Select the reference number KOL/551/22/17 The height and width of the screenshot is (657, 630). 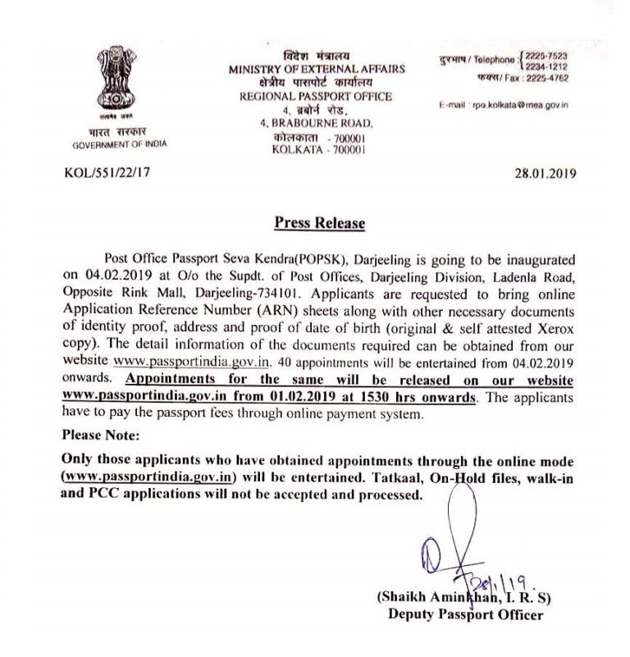click(x=102, y=173)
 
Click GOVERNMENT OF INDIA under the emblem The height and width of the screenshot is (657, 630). click(x=119, y=144)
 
